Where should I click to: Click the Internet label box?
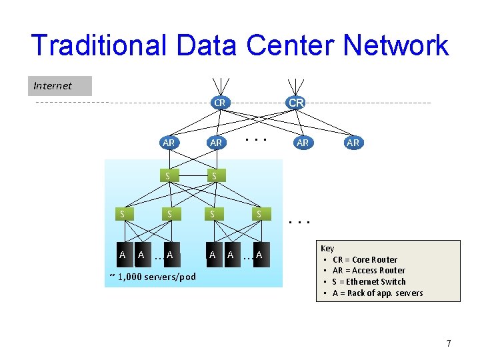[59, 86]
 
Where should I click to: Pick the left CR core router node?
[219, 103]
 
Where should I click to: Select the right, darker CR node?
[296, 103]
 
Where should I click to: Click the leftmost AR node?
[169, 143]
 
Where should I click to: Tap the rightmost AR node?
[353, 143]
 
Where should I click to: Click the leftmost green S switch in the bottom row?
[122, 214]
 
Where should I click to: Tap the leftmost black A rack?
[122, 255]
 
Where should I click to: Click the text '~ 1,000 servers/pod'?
[152, 277]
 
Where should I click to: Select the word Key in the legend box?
[327, 248]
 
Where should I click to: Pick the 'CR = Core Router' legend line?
[365, 259]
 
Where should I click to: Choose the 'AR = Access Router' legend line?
[369, 271]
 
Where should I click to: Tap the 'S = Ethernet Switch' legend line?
[369, 281]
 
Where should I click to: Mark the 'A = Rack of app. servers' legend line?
[377, 293]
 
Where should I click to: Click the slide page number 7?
[449, 343]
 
